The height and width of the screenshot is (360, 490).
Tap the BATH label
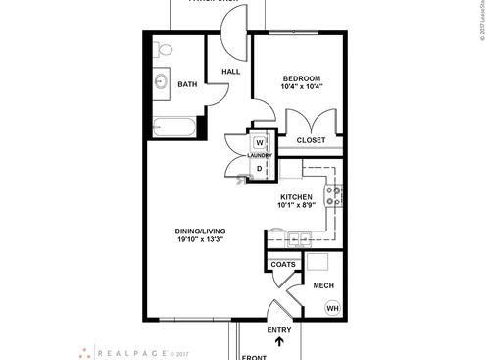[x=187, y=84]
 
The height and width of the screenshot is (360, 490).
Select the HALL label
[x=231, y=72]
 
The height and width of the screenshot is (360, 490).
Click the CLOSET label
[x=311, y=140]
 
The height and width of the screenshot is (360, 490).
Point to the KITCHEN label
[x=296, y=197]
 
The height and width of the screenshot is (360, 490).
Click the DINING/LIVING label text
[x=200, y=231]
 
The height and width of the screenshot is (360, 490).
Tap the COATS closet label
[x=282, y=264]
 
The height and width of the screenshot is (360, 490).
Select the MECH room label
[x=322, y=285]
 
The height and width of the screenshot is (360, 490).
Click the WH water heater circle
[x=332, y=307]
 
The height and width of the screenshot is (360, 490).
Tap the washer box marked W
[x=261, y=142]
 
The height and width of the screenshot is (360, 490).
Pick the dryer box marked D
[x=260, y=169]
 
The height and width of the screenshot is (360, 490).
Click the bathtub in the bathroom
[x=173, y=126]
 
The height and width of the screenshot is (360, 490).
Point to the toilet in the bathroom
[x=164, y=49]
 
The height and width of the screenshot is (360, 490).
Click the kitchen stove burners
[x=335, y=196]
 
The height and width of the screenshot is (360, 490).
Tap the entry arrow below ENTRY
[x=280, y=342]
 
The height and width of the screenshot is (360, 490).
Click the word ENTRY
[x=279, y=330]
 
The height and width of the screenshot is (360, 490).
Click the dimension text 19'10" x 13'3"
[x=200, y=240]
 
